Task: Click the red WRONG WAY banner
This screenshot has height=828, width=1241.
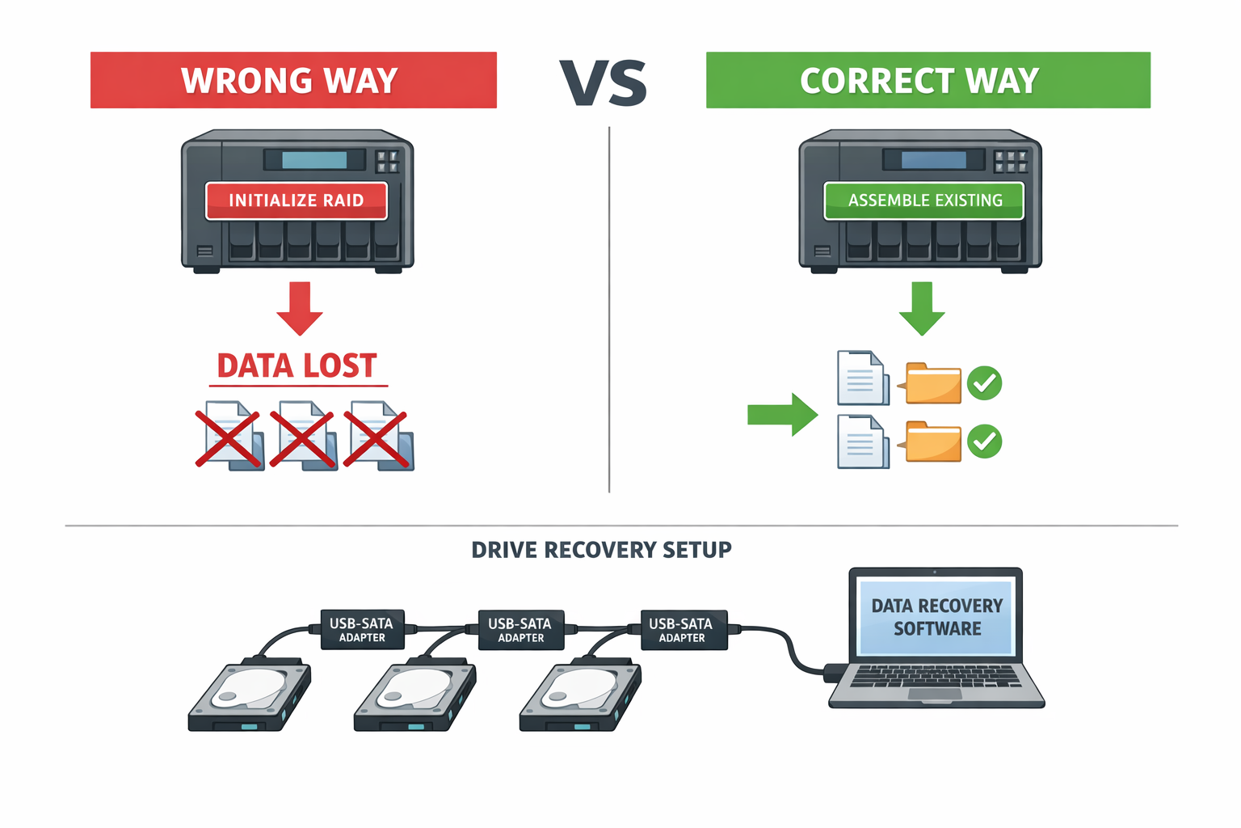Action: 293,80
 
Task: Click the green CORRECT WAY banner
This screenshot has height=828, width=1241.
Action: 928,80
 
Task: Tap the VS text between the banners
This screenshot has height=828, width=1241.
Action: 604,83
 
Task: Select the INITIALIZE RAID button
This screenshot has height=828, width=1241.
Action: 297,201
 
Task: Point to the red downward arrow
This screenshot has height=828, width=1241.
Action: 300,308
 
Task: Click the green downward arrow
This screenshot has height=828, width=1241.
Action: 922,308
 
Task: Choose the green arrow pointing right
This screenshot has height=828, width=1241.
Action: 782,415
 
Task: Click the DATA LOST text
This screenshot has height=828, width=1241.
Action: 297,366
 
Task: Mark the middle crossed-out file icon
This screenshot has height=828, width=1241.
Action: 304,437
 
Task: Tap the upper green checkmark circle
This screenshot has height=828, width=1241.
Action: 984,383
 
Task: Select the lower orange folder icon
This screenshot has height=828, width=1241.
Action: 933,441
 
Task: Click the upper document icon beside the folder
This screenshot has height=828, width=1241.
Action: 861,378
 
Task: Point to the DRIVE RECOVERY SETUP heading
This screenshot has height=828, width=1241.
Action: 601,550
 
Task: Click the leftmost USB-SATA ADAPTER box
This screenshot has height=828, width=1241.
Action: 362,629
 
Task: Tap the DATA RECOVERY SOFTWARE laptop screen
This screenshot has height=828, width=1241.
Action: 936,617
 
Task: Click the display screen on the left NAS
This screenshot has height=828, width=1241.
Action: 313,160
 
